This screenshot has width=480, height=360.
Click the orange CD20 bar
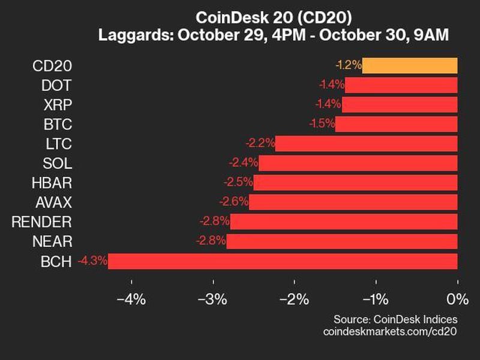click(410, 65)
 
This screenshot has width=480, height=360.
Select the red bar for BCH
click(283, 261)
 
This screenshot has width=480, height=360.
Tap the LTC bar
click(366, 143)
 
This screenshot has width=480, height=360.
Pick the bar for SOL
click(358, 163)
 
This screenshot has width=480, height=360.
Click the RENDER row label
click(42, 222)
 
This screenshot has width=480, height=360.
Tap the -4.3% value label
click(92, 261)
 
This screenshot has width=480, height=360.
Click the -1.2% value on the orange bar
click(347, 65)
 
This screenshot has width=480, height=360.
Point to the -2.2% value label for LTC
click(260, 143)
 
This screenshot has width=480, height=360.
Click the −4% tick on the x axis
click(132, 299)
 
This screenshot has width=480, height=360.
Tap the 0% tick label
click(457, 299)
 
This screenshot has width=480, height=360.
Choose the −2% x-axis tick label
click(295, 299)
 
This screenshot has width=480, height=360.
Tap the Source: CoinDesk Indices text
click(395, 319)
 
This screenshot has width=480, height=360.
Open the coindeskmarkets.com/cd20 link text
click(390, 331)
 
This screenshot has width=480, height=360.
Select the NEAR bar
click(342, 241)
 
